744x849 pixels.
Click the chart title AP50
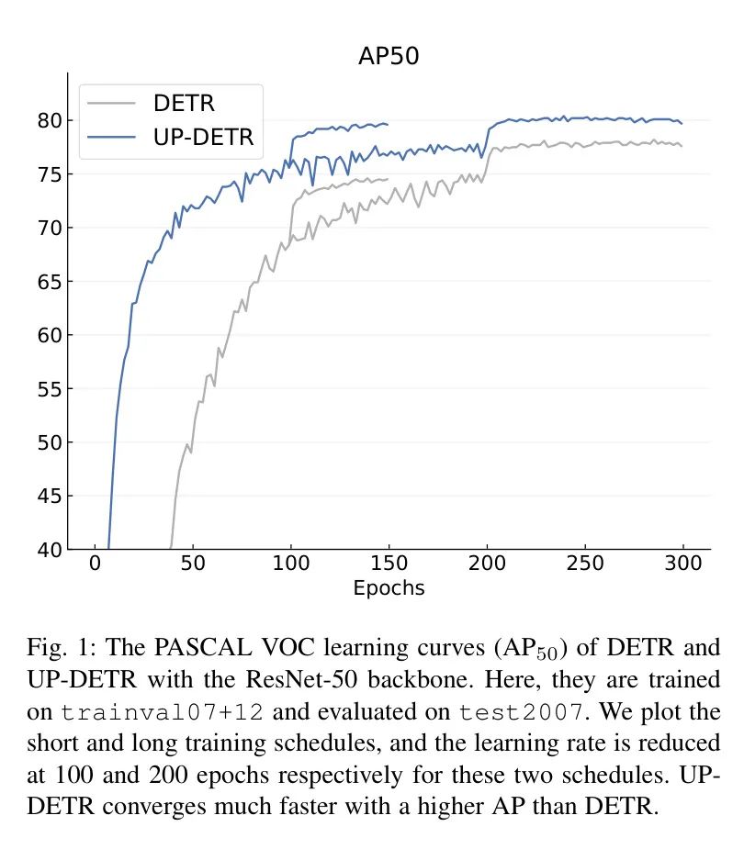coord(389,56)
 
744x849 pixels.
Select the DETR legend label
coord(184,103)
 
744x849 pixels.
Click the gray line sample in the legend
coord(111,103)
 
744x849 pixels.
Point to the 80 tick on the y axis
coord(51,120)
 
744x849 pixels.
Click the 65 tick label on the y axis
coord(51,282)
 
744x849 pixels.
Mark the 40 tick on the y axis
coord(51,550)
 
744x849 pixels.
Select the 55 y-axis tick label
coord(51,389)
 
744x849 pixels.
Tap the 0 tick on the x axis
coord(95,564)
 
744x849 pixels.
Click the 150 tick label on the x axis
coord(389,564)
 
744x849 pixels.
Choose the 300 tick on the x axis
coord(682,564)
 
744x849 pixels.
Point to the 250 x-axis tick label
coord(584,564)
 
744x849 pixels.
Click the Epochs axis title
coord(389,588)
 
